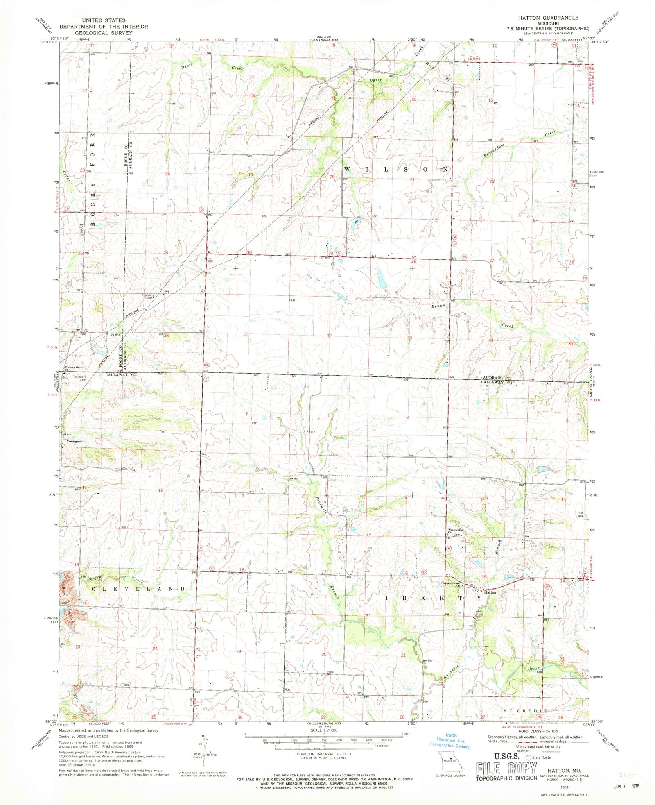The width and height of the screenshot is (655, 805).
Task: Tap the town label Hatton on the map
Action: [x=490, y=592]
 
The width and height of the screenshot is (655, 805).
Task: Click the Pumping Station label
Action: [x=148, y=296]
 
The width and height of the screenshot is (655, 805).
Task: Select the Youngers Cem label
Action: [x=79, y=378]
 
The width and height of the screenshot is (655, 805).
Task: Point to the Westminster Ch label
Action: [x=455, y=531]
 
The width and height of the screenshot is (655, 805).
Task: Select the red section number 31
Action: [x=247, y=334]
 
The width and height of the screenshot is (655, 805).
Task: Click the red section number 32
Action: [x=329, y=336]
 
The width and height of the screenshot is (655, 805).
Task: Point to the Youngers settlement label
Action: [x=75, y=441]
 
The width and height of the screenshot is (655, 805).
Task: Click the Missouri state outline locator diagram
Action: [x=450, y=763]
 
